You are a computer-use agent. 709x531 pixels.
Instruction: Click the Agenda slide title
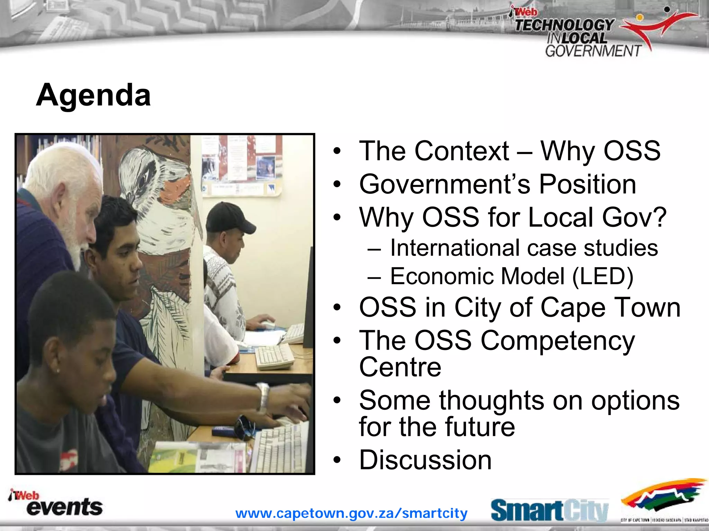tap(93, 95)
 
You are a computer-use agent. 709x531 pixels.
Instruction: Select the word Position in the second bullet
tap(587, 184)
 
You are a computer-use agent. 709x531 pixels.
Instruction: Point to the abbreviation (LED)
tap(602, 276)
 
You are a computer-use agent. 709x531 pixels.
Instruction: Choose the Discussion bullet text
tap(425, 460)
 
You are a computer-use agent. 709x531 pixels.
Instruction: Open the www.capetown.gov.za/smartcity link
tap(351, 513)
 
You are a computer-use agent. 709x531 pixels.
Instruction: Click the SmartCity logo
tap(549, 510)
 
